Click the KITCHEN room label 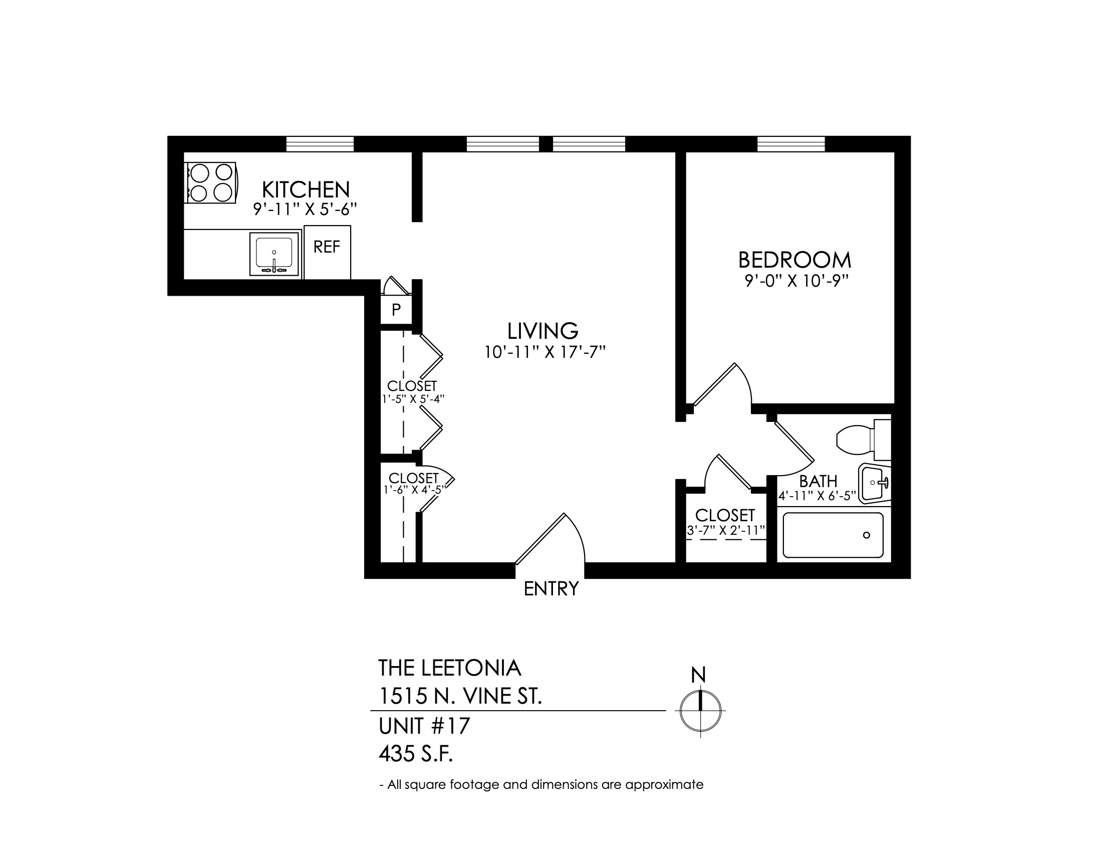pyautogui.click(x=306, y=190)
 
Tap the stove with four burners pyautogui.click(x=211, y=183)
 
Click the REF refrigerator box pyautogui.click(x=327, y=252)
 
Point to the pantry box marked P pyautogui.click(x=396, y=309)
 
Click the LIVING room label pyautogui.click(x=542, y=331)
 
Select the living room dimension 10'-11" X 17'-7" pyautogui.click(x=544, y=352)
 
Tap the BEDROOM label pyautogui.click(x=794, y=260)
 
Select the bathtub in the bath pyautogui.click(x=833, y=535)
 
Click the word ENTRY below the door pyautogui.click(x=551, y=589)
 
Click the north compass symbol pyautogui.click(x=700, y=710)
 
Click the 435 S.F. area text pyautogui.click(x=416, y=755)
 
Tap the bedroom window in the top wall pyautogui.click(x=790, y=144)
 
